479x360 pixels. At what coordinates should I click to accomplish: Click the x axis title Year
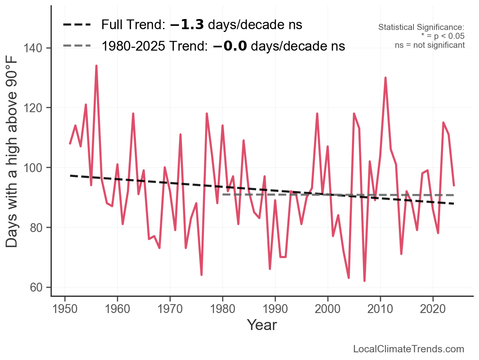pos(262,325)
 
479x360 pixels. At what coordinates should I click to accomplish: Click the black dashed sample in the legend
pos(77,25)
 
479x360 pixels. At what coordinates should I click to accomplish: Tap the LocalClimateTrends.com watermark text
pos(409,349)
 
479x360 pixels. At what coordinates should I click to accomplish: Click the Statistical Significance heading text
pos(421,28)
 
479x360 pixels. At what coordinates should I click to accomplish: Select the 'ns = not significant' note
pos(430,45)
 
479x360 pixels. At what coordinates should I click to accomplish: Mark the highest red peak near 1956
pos(96,66)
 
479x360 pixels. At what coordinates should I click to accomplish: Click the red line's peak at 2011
pos(386,77)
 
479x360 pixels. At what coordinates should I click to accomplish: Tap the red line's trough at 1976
pos(201,275)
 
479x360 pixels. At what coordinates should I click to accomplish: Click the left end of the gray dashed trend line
pos(223,195)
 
